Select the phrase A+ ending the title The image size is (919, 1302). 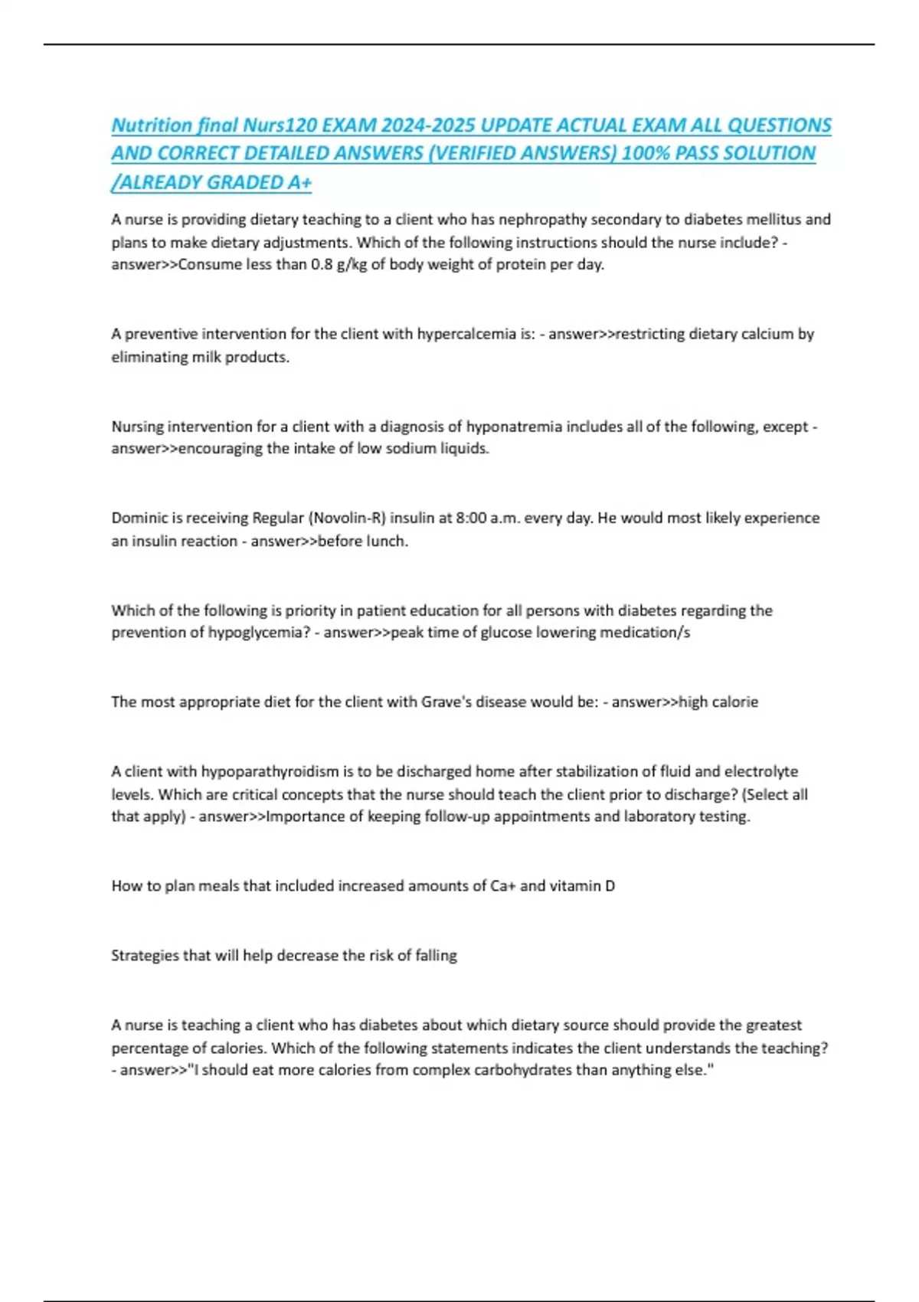click(x=300, y=182)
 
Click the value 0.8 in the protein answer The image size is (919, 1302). click(x=322, y=264)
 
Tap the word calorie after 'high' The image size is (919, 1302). click(x=735, y=702)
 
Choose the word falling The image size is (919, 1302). click(x=436, y=956)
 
